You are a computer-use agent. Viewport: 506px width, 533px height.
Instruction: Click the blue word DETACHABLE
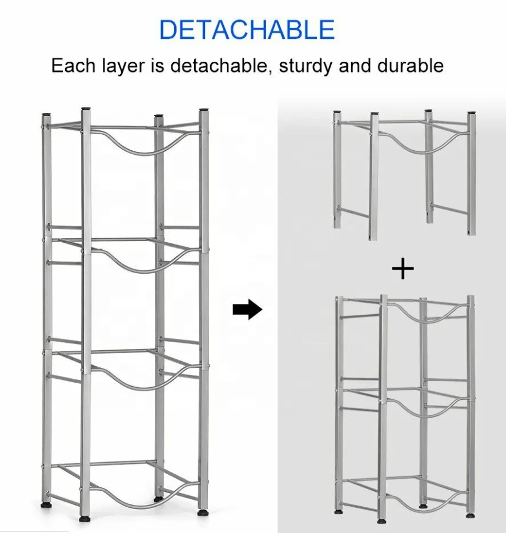(247, 29)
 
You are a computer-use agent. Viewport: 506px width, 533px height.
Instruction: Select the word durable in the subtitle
(410, 65)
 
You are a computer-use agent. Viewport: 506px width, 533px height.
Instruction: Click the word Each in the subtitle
(74, 65)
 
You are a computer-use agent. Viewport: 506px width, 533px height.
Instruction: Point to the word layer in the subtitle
(123, 66)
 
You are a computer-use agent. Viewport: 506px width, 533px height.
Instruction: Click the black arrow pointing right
(247, 309)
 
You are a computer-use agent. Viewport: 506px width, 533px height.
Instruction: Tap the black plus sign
(403, 268)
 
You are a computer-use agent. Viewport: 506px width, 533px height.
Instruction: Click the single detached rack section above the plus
(404, 175)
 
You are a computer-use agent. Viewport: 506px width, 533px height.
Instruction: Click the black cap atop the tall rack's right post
(204, 110)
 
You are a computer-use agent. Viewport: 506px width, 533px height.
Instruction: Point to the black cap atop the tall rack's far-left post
(46, 115)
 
